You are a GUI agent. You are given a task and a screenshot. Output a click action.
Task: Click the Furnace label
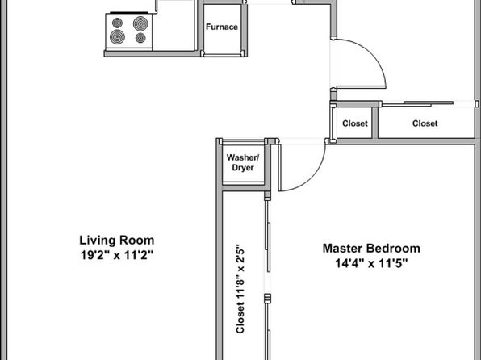(222, 27)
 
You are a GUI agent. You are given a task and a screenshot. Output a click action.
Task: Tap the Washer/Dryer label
(243, 162)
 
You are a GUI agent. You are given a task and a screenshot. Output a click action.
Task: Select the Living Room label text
(117, 240)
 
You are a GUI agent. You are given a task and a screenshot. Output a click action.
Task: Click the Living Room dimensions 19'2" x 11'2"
(117, 255)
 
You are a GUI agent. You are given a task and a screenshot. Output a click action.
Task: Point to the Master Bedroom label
(371, 248)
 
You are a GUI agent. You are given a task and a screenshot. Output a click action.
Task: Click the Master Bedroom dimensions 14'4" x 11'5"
(371, 263)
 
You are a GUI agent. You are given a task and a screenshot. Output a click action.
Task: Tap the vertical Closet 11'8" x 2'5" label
(240, 288)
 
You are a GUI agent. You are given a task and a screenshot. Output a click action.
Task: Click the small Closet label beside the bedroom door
(355, 123)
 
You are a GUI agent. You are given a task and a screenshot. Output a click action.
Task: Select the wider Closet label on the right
(425, 123)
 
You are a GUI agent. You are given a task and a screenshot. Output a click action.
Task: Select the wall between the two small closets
(374, 123)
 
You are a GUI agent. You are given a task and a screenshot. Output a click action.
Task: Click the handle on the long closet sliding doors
(268, 299)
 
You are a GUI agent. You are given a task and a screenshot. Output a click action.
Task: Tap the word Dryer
(243, 168)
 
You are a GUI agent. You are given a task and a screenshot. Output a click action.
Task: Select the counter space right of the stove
(174, 29)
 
